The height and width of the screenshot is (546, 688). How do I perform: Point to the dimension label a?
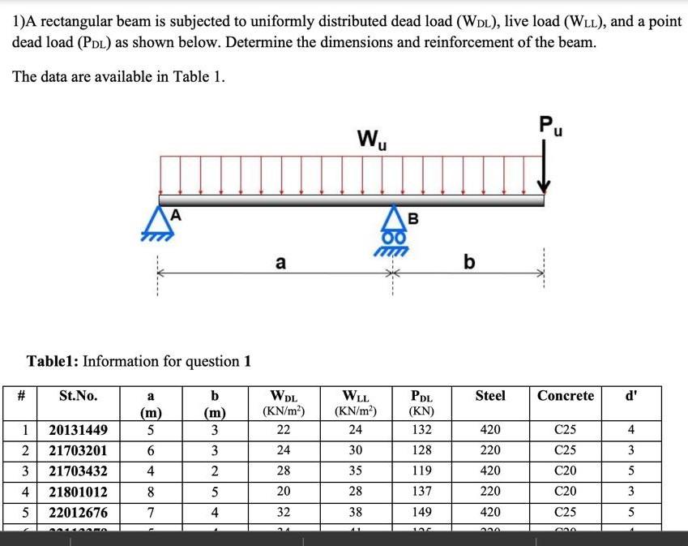[280, 263]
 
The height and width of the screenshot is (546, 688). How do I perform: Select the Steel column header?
[489, 396]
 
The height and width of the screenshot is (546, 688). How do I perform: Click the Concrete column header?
[566, 396]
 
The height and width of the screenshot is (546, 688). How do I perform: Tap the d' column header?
[631, 396]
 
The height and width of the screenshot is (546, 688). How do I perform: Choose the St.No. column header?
[79, 396]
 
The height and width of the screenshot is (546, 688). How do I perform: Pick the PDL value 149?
[421, 513]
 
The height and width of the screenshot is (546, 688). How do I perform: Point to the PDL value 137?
[421, 492]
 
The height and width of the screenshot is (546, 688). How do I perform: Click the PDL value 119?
[421, 471]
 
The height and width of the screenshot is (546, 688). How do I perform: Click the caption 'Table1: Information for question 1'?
[139, 361]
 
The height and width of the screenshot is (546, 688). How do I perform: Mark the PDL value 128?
[421, 450]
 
